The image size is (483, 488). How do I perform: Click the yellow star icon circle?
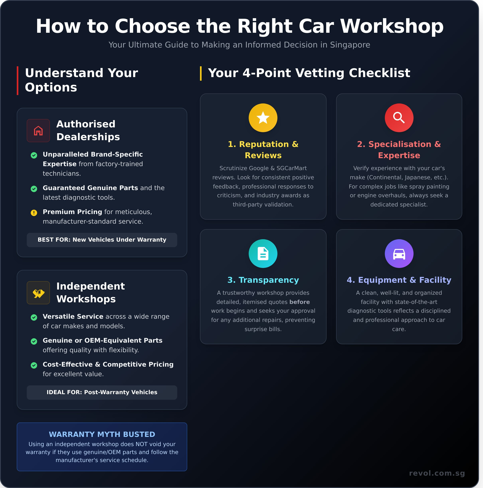coord(263,118)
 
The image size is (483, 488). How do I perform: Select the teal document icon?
coord(263,253)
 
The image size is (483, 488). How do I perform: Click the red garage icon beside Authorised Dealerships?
coord(38,131)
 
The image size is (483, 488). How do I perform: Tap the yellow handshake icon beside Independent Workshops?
coord(38,293)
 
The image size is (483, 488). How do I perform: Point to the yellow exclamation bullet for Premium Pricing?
coord(34,213)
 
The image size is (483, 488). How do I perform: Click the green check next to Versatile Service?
coord(34,317)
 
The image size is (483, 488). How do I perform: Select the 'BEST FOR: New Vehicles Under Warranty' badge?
coord(102,240)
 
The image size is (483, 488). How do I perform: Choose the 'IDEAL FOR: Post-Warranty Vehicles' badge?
coord(102,392)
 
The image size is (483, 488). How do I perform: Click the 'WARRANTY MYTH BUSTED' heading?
coord(102,434)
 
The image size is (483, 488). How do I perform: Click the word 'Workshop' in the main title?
coord(392,26)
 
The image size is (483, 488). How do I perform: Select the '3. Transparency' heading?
coord(263,280)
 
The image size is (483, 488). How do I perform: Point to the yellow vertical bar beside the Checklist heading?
coord(201,73)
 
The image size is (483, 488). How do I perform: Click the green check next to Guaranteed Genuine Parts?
coord(34,189)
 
